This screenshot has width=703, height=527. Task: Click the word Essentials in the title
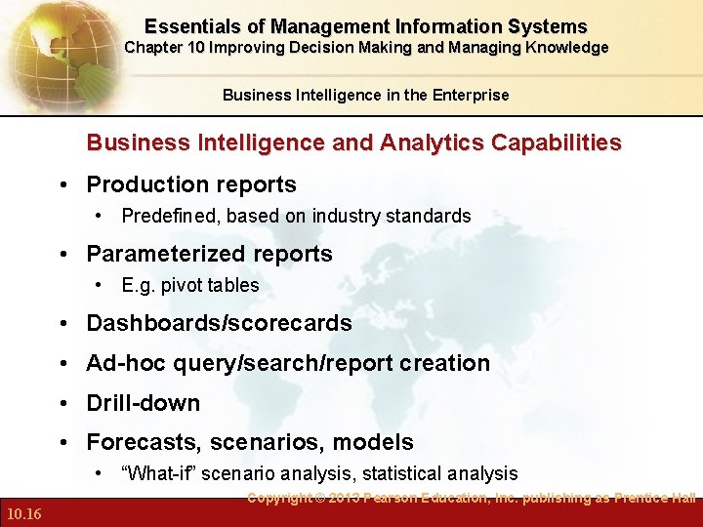point(190,26)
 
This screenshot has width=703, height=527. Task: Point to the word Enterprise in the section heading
point(472,95)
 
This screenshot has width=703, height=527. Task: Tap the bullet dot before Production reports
point(62,185)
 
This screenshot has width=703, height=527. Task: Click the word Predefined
point(169,216)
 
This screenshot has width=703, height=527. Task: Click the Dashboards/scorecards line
point(219,323)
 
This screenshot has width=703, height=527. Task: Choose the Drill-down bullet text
point(143,403)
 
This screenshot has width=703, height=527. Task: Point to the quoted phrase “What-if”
point(157,473)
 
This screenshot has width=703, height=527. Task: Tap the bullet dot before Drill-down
point(62,404)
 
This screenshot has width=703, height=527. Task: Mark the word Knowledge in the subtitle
point(568,48)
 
